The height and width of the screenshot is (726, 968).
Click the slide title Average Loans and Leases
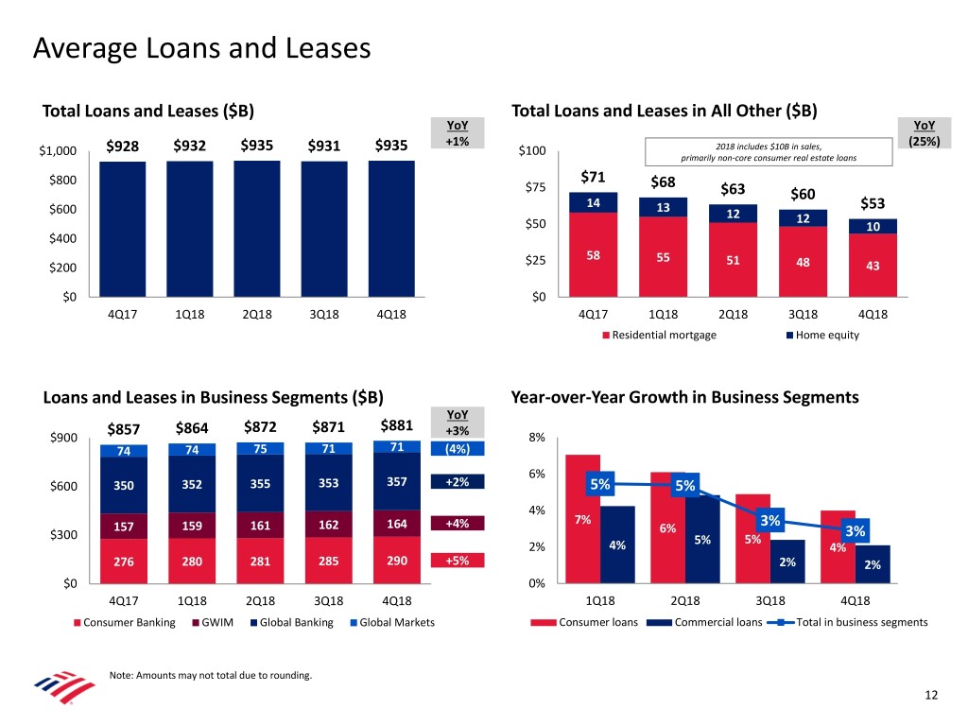point(201,48)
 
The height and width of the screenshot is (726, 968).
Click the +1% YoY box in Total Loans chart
point(457,141)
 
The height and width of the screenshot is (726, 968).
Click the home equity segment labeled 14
point(594,202)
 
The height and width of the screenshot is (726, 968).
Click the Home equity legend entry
point(822,335)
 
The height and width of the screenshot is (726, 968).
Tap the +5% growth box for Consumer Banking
point(457,561)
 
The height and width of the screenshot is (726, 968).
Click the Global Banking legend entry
point(287,622)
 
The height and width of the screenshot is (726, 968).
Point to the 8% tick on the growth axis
point(537,438)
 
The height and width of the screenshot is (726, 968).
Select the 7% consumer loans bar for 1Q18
point(582,519)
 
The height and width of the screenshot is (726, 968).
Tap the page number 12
point(931,696)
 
